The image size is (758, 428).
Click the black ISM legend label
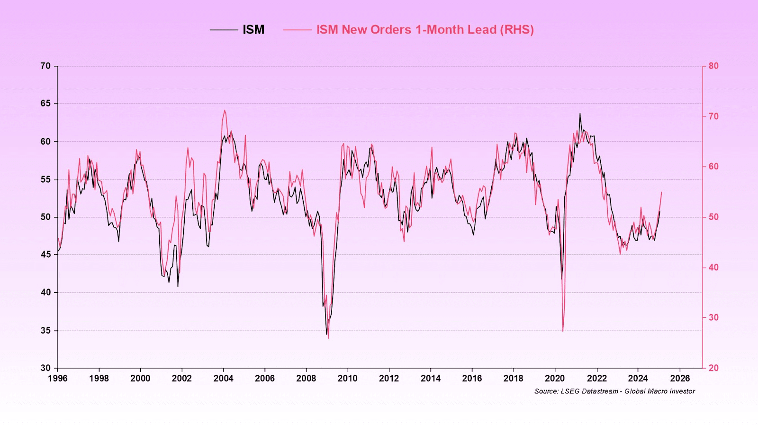[253, 30]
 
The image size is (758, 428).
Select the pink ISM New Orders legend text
[425, 30]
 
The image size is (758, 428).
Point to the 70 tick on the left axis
[45, 66]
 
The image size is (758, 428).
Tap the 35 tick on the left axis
[45, 330]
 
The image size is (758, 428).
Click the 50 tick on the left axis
[45, 217]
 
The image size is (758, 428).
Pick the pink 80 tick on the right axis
[713, 66]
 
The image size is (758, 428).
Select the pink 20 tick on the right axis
[713, 368]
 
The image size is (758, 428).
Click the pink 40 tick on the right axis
[713, 267]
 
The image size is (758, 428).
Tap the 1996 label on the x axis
[58, 378]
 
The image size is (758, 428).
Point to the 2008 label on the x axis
[306, 378]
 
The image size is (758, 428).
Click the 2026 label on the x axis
[680, 378]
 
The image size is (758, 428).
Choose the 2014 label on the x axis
[431, 378]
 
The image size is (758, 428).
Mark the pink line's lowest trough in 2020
[563, 331]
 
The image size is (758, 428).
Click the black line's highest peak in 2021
[580, 113]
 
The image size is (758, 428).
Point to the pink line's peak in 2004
[225, 111]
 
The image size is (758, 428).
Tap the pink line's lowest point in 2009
[328, 338]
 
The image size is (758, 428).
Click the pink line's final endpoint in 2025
[662, 192]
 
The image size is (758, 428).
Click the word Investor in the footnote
[681, 391]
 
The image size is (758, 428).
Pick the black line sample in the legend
[224, 30]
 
